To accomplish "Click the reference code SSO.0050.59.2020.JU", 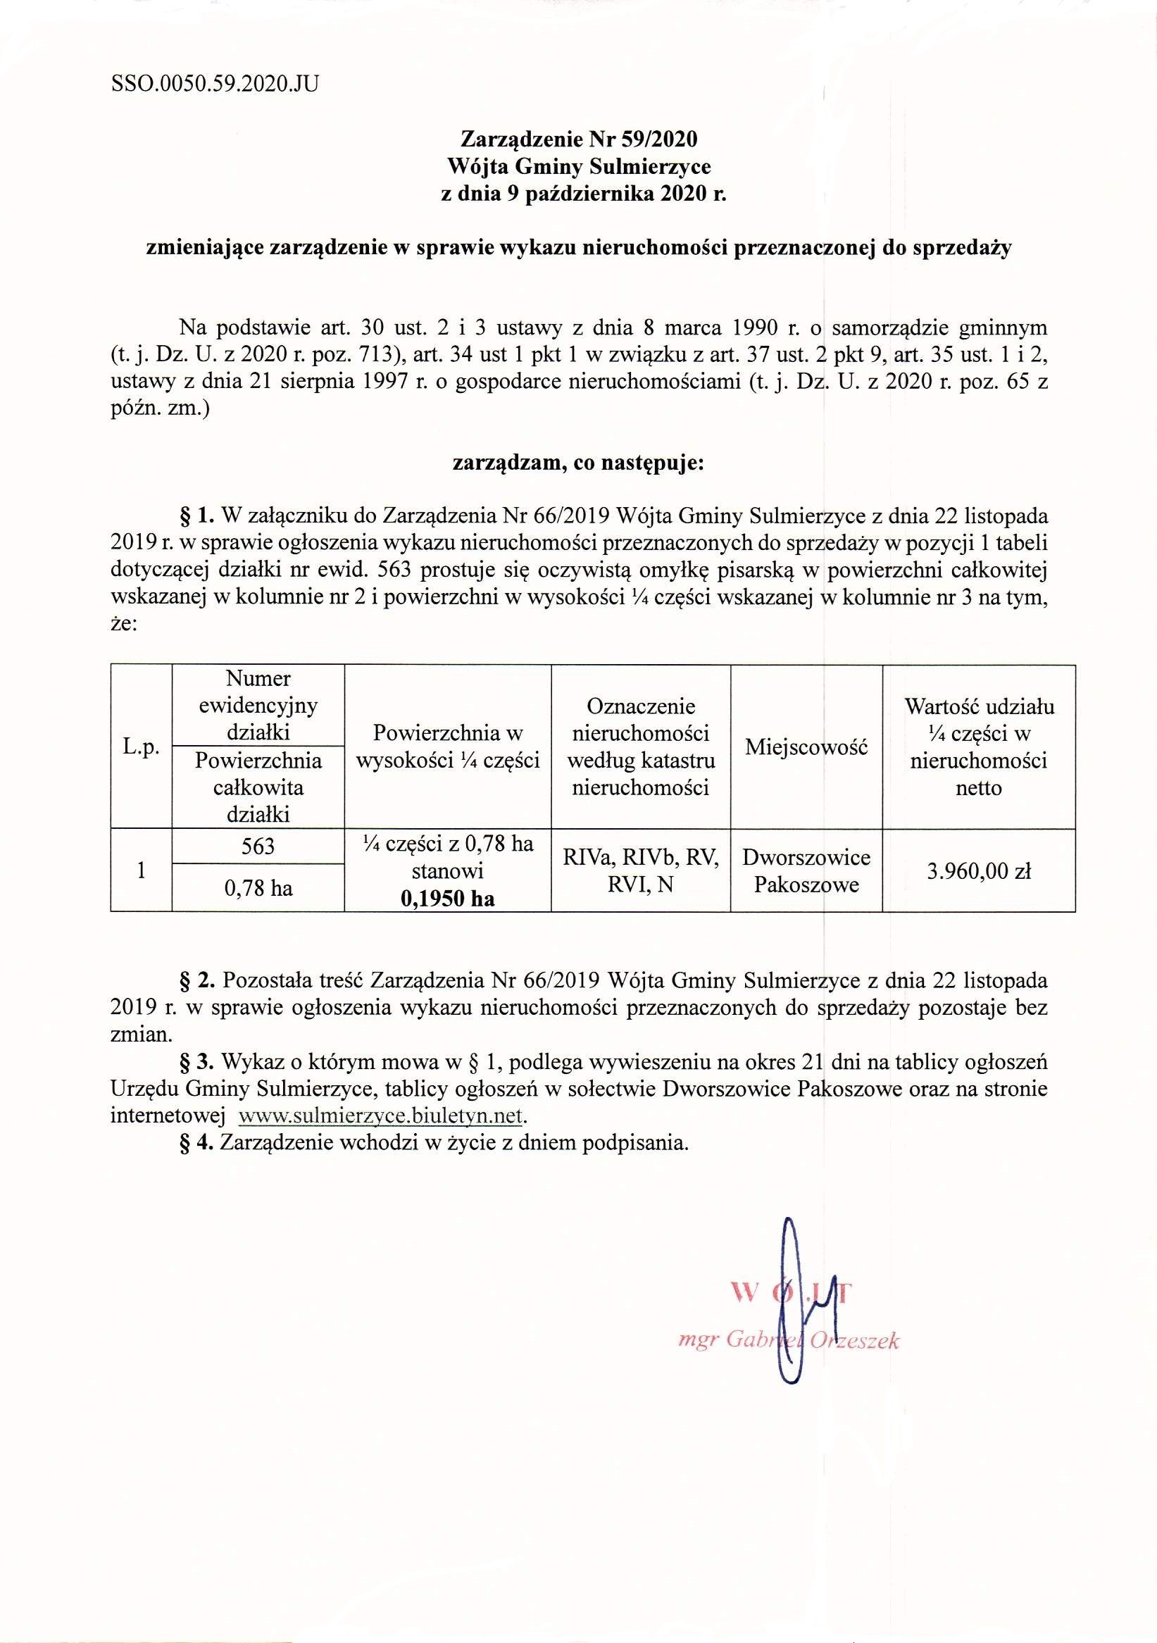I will coord(215,85).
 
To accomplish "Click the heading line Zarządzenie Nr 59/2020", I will coord(578,138).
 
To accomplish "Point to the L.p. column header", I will coord(141,746).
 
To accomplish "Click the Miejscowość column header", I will coord(806,746).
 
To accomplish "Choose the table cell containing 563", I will coord(258,847).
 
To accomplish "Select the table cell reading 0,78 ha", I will coord(258,888).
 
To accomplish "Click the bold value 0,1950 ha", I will coord(448,899).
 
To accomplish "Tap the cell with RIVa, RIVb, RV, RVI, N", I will coord(640,871).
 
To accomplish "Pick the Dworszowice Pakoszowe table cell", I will coord(806,871).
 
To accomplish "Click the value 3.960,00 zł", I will coord(978,871).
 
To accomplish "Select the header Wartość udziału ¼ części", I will coord(978,746).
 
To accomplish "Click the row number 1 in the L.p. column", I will coord(141,871).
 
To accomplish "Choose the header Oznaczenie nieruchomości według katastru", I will coord(640,746).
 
